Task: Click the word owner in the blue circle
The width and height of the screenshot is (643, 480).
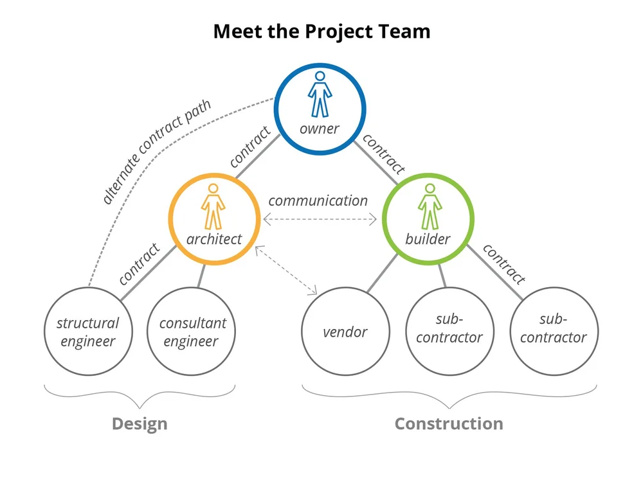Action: (x=320, y=129)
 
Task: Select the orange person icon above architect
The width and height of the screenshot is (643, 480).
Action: (x=214, y=206)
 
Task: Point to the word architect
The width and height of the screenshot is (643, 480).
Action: (x=214, y=239)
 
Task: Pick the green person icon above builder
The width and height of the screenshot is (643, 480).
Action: (x=428, y=206)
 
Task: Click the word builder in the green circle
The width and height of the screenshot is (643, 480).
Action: (x=428, y=240)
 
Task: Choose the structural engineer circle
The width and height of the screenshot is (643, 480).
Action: (x=88, y=332)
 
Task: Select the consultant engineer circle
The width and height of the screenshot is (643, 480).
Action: (x=192, y=332)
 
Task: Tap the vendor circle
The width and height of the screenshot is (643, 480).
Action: (x=345, y=332)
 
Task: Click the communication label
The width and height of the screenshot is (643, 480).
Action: (x=318, y=200)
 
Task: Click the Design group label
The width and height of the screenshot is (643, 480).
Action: (x=140, y=424)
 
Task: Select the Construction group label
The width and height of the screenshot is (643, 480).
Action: (x=449, y=424)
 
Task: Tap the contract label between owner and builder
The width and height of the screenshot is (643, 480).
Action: (x=385, y=155)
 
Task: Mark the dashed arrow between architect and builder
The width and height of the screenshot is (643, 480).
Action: (x=320, y=220)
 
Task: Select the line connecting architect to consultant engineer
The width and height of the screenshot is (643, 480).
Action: (x=201, y=275)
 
